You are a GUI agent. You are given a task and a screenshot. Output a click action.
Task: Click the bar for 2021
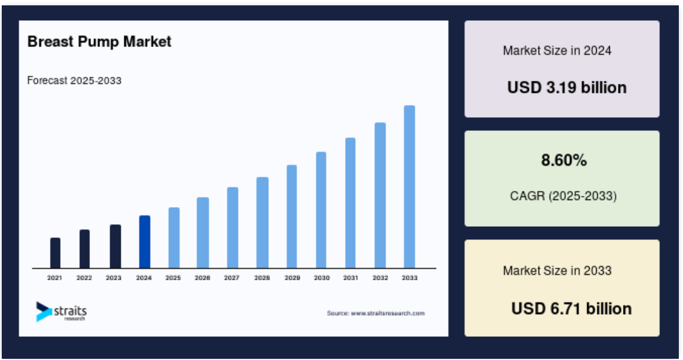tap(55, 253)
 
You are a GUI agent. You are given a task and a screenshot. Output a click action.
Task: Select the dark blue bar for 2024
tap(145, 242)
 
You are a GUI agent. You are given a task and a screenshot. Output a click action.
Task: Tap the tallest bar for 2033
tap(409, 186)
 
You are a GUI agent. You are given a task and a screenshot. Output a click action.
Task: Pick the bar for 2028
tap(262, 223)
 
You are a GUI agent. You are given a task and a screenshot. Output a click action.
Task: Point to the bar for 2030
tap(321, 210)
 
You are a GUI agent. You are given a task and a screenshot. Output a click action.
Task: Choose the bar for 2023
tap(115, 246)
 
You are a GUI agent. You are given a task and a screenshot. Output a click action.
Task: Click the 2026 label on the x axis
tap(202, 278)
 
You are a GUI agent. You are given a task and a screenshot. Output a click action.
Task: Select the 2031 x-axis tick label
tap(350, 278)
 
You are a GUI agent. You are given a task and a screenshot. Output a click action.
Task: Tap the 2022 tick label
tap(84, 278)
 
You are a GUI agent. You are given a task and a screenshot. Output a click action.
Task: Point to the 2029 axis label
tap(292, 278)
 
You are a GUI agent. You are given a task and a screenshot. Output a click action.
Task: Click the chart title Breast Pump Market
tap(99, 42)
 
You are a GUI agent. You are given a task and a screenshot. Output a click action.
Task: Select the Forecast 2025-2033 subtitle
tap(74, 81)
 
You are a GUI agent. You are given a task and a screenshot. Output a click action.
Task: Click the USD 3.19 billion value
tap(567, 87)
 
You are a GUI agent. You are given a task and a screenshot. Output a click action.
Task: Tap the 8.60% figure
tap(564, 161)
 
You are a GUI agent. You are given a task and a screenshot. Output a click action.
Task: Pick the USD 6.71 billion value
tap(572, 309)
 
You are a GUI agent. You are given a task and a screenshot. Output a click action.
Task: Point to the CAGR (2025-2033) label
tap(563, 196)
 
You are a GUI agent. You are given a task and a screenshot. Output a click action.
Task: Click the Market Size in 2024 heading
tap(557, 51)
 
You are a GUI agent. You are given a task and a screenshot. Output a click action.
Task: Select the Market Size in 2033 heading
tap(557, 271)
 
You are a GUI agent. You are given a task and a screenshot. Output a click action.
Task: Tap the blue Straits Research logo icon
tap(43, 312)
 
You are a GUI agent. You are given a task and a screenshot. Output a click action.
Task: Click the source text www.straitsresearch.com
tap(388, 314)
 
